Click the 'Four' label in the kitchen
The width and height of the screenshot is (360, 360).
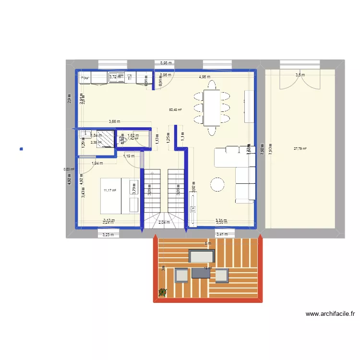coord(85,78)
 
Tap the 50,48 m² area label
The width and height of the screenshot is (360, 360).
coord(175,109)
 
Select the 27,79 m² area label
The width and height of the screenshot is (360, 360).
coord(300,148)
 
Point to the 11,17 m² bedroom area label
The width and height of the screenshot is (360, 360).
coord(110,191)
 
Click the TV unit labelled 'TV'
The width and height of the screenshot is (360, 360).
coord(193,208)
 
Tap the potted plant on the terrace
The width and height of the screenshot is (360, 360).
coord(163,291)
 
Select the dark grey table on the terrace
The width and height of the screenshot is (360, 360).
coord(201,273)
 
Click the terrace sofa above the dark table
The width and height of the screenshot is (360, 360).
coord(202,256)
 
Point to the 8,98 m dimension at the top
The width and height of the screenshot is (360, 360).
coord(167,63)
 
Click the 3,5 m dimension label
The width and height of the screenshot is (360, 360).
coord(300,75)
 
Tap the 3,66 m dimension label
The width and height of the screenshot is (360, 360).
coord(114,121)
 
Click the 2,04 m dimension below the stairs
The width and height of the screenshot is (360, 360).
coord(164,222)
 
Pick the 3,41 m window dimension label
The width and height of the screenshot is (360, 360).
coord(222,234)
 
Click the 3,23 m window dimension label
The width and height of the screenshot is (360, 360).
coord(108,234)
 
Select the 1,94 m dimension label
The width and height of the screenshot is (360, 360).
coord(97,164)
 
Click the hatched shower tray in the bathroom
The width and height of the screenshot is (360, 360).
coord(105,138)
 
